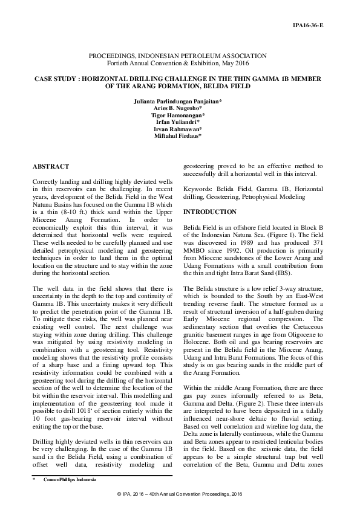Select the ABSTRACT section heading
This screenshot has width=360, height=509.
click(50, 166)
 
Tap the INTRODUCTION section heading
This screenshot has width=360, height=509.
click(210, 212)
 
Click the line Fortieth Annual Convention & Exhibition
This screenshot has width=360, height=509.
click(180, 63)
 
